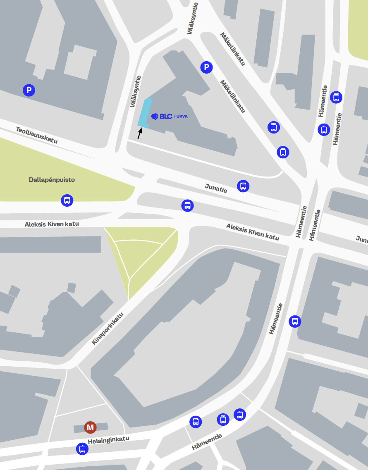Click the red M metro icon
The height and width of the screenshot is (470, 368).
tap(90, 427)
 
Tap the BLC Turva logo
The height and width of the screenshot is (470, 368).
tap(169, 117)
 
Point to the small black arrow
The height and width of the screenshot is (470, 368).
tap(139, 133)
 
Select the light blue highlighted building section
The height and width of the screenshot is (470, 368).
tap(144, 113)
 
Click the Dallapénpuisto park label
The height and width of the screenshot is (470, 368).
tap(52, 180)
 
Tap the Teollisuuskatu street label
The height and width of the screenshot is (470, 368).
tap(37, 135)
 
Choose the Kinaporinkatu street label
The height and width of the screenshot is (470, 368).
tap(108, 329)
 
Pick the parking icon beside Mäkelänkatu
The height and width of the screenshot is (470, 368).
tap(206, 67)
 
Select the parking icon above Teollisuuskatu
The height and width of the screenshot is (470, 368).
tap(29, 90)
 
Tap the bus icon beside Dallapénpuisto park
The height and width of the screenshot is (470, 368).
tap(67, 200)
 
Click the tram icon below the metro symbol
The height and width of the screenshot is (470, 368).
tap(82, 449)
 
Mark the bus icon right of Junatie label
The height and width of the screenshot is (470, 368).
tap(243, 186)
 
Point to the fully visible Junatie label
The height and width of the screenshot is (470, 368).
tap(216, 188)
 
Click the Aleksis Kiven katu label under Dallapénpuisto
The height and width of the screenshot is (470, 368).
tap(52, 224)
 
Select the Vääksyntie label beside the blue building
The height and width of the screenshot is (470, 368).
tap(135, 91)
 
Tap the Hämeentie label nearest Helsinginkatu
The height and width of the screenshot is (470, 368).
tap(207, 442)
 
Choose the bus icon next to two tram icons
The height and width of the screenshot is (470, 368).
tap(196, 422)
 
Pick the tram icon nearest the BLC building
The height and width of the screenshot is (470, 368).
tap(273, 127)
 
